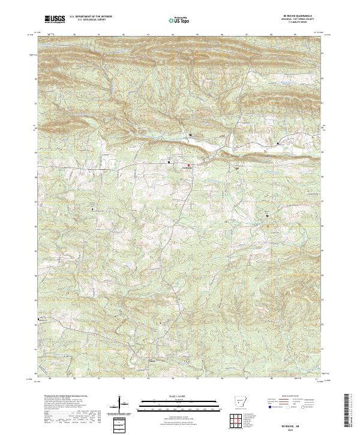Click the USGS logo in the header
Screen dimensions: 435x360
(x=55, y=19)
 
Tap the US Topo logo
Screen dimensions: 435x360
(x=179, y=20)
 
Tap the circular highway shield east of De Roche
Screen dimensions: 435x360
(x=206, y=160)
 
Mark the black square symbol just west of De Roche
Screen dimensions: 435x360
(x=169, y=162)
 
